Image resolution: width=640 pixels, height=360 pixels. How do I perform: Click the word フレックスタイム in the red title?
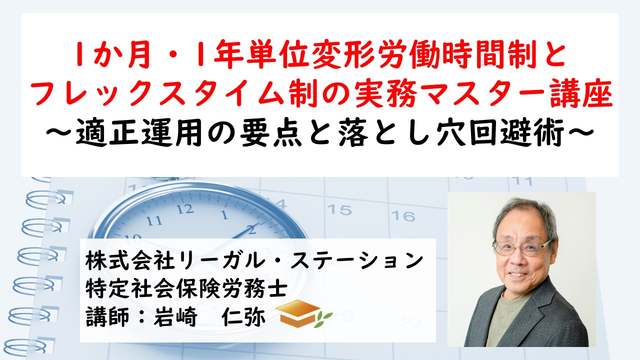157,93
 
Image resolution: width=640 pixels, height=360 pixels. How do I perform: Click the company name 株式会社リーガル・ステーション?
254,261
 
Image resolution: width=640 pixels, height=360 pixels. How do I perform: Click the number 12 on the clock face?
185,209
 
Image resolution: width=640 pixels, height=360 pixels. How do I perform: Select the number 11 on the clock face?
154,220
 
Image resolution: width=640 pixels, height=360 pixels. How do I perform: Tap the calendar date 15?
339,209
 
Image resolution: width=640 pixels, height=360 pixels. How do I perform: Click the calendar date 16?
403,216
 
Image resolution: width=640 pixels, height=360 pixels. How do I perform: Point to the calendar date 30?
409,320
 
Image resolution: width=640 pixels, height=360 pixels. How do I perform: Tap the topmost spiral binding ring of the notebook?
45,197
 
